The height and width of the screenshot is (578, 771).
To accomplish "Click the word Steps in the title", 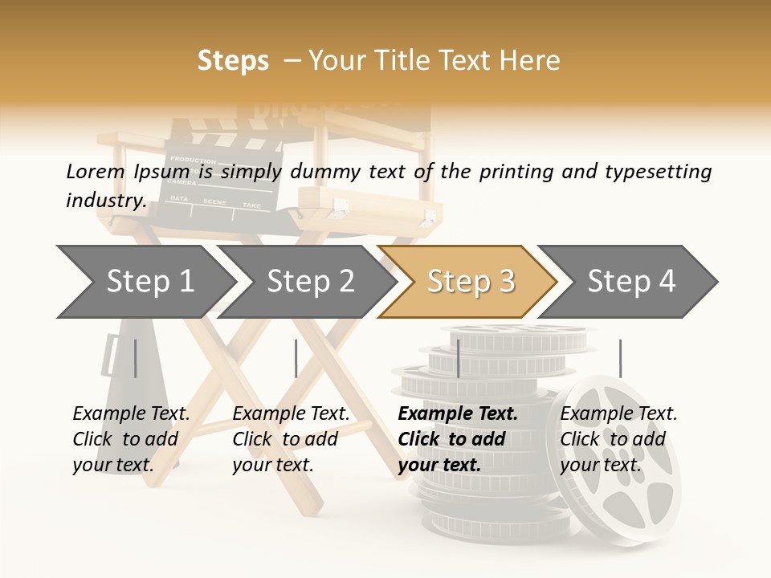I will coord(233,61).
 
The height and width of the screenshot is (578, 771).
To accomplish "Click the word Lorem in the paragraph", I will coord(96,171).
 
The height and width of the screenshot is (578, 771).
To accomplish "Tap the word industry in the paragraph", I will coord(105,200).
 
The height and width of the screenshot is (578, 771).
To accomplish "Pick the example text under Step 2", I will coord(290,439).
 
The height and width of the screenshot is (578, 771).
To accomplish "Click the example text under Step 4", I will coord(618,439).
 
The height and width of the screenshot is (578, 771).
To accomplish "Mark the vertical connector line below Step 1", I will coord(135,358).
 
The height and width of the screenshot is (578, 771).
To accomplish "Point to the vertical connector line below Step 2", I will coord(296,358).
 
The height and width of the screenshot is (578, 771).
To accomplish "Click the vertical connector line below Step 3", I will coord(458,358).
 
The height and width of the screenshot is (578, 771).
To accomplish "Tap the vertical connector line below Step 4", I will coord(620,358).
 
